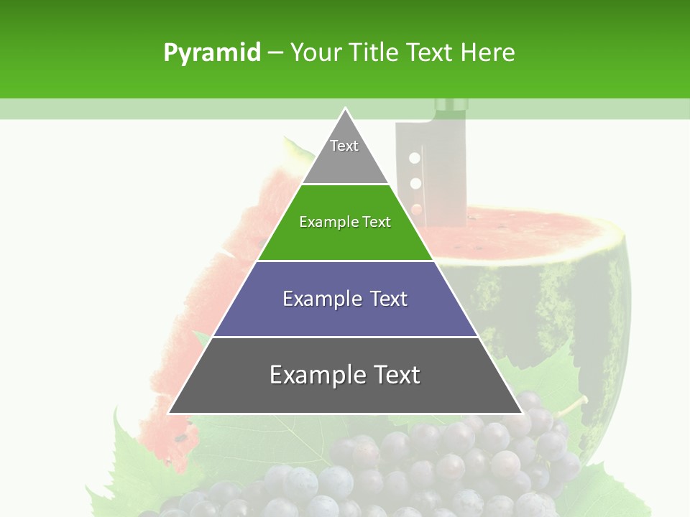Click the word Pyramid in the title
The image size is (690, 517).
(x=211, y=53)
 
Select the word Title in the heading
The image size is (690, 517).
(x=373, y=52)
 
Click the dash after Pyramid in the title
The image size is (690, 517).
(x=275, y=53)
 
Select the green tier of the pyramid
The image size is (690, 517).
(x=345, y=230)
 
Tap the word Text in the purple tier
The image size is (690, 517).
(x=388, y=299)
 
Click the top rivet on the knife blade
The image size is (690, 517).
(x=414, y=157)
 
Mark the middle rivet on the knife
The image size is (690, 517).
(x=415, y=182)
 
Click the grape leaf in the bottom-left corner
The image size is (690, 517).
(x=137, y=460)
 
